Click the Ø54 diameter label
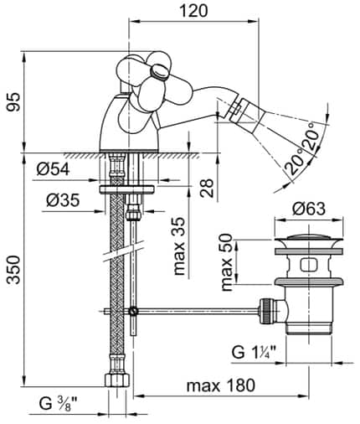pos(54,171)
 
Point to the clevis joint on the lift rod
pos(133,312)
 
